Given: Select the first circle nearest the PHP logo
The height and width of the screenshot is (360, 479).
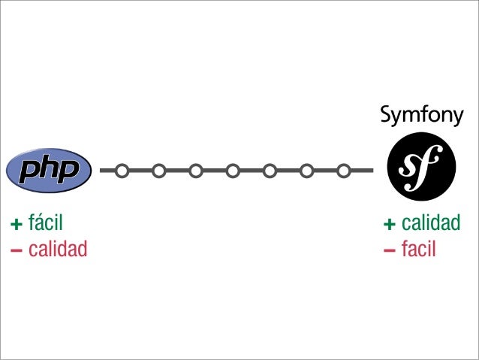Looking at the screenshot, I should (x=122, y=171).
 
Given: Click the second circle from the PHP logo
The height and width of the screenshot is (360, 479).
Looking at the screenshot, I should (x=158, y=171).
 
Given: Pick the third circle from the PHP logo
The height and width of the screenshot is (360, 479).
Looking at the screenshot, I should (x=195, y=171).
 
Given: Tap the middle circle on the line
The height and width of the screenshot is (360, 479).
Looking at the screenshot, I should (x=233, y=171).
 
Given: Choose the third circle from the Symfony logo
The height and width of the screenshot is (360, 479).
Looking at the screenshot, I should (x=270, y=171).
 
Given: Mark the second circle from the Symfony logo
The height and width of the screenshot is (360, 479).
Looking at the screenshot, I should (x=306, y=171).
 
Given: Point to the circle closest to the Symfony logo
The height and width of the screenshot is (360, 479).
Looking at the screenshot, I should (x=343, y=171).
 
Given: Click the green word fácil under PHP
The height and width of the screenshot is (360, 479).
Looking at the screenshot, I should (x=45, y=223).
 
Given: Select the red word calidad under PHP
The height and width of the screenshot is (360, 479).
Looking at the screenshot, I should (x=58, y=248).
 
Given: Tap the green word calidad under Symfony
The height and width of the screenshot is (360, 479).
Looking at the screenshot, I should (x=430, y=223).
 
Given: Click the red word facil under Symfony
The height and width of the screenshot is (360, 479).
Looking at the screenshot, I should (x=418, y=248).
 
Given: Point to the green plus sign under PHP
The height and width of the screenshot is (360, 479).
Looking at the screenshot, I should (x=15, y=224).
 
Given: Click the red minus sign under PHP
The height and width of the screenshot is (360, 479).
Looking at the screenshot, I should (x=15, y=249).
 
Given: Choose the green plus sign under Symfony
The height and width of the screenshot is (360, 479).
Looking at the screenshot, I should (x=389, y=224).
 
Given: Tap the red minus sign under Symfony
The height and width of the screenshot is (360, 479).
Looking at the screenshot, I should (x=389, y=249).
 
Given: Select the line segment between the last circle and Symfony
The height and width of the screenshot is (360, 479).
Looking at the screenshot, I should (x=362, y=171).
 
